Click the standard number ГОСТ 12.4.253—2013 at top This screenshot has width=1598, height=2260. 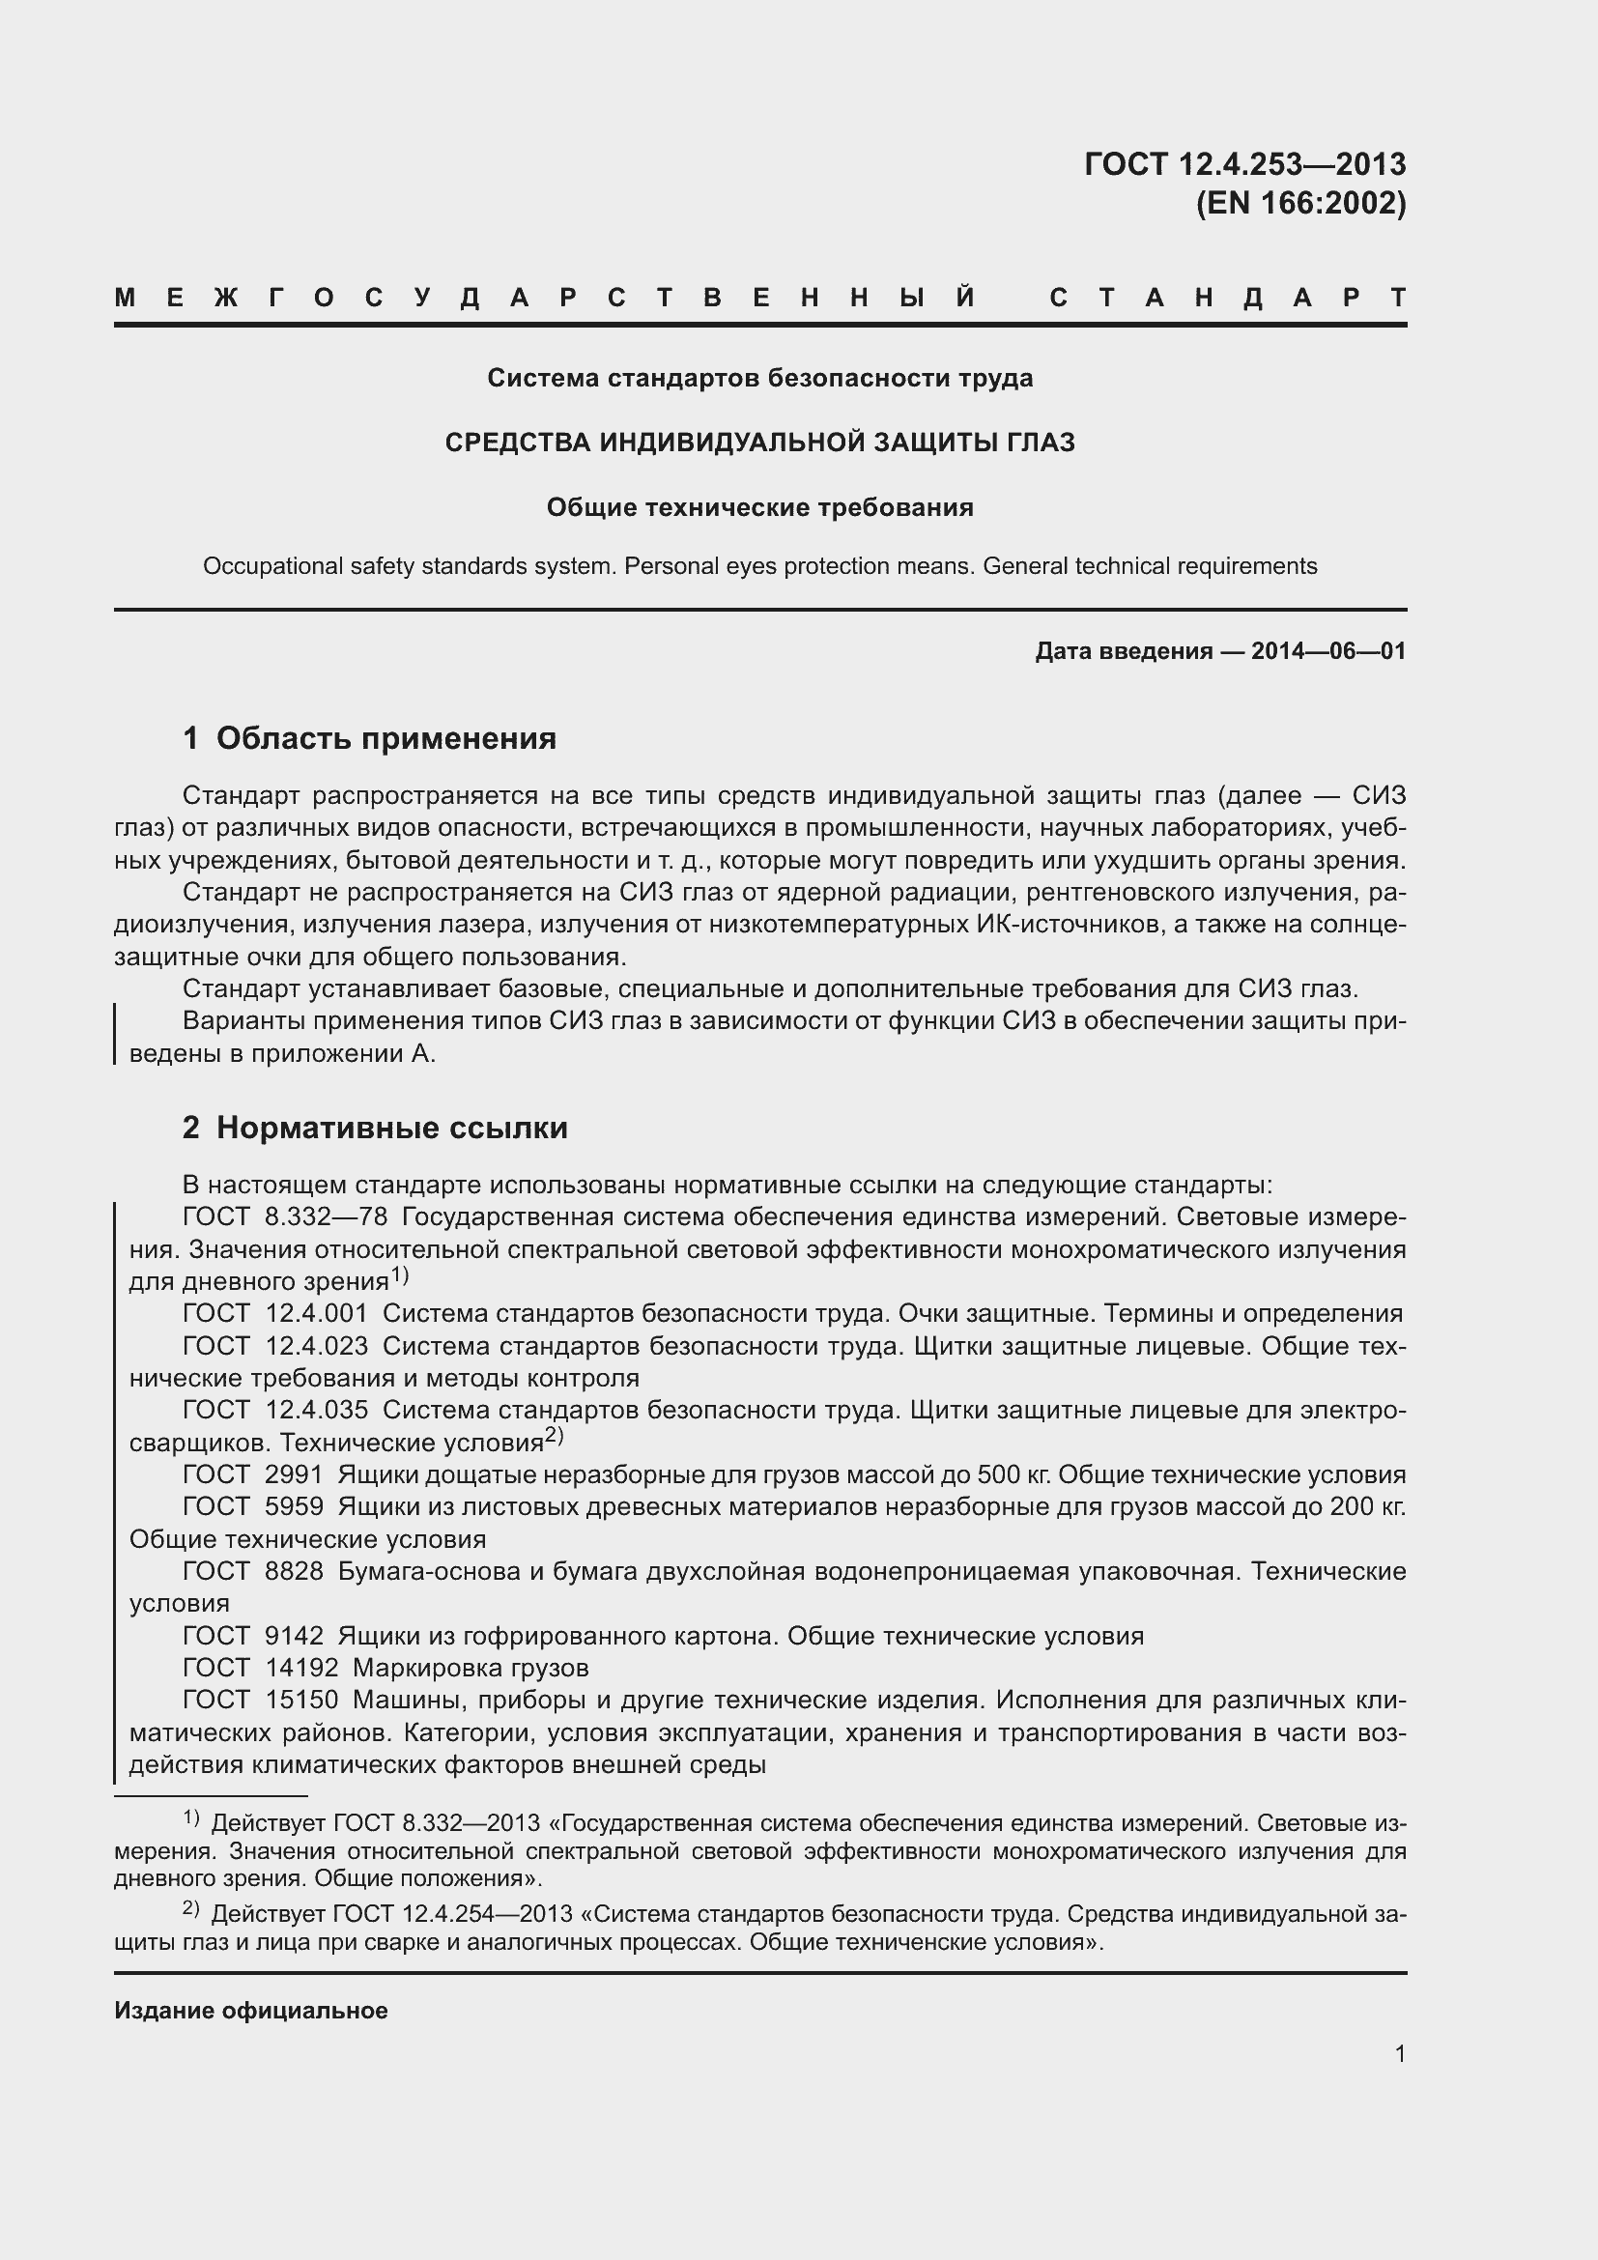1244,163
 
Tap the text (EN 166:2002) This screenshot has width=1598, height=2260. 1299,203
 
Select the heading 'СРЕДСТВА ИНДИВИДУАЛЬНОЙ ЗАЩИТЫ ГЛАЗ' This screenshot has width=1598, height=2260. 759,443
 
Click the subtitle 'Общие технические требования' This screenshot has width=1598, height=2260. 759,508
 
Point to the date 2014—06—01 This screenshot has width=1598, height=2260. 1327,650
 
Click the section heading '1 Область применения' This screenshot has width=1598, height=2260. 369,738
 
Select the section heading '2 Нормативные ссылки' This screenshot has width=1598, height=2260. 375,1127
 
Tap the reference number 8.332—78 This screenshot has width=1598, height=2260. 326,1216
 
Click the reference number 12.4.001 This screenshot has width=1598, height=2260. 317,1313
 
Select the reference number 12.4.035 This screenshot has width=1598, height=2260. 317,1410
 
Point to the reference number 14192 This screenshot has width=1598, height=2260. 301,1668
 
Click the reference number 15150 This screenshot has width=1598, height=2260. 301,1700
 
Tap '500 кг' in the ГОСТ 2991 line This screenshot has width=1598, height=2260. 1013,1474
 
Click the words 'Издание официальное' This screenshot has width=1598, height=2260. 251,2010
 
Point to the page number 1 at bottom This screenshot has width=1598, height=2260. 1399,2053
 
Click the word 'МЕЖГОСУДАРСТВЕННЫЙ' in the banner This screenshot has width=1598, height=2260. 546,298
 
